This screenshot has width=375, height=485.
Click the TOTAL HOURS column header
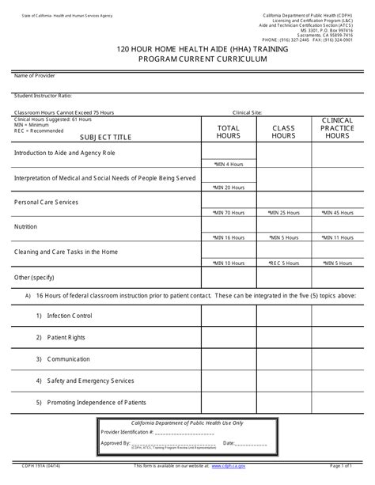point(228,131)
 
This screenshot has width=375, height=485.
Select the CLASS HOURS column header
point(283,131)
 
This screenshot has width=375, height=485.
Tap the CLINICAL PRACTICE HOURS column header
point(337,127)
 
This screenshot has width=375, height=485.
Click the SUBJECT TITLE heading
point(106,137)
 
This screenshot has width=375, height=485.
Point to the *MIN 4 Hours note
point(229,164)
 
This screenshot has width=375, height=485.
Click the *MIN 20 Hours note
point(229,188)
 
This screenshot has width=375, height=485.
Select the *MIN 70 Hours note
point(229,213)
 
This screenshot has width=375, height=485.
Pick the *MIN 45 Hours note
point(338,213)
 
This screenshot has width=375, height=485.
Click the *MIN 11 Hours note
point(338,237)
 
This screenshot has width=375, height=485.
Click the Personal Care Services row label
point(47,202)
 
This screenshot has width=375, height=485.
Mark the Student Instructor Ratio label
point(43,96)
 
